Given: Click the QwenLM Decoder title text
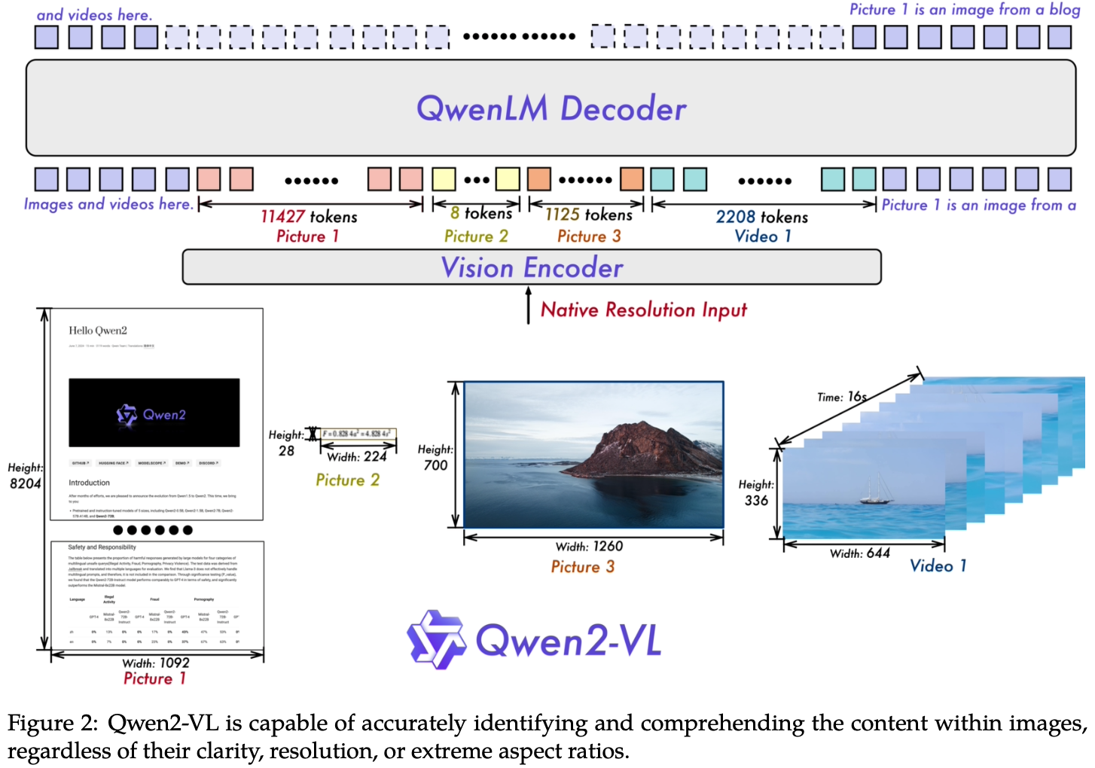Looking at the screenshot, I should click(x=551, y=109).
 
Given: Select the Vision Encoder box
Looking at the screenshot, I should click(x=532, y=267).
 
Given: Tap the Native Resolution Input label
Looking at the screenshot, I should click(x=643, y=309).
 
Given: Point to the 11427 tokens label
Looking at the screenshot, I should click(x=309, y=217).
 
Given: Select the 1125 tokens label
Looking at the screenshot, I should click(x=588, y=215).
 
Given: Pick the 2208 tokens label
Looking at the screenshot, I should click(x=761, y=218).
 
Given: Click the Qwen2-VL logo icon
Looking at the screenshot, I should click(x=436, y=640).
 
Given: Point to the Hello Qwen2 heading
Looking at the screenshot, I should click(x=98, y=331).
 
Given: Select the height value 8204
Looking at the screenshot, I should click(x=25, y=483).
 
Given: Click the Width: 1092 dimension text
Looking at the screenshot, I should click(x=156, y=663).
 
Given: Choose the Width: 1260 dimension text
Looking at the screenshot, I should click(x=589, y=547).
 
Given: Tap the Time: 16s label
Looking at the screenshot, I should click(x=842, y=397).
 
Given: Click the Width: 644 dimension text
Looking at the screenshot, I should click(x=859, y=553).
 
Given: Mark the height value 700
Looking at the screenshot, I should click(x=435, y=465).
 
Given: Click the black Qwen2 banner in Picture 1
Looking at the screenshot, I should click(x=154, y=413).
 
